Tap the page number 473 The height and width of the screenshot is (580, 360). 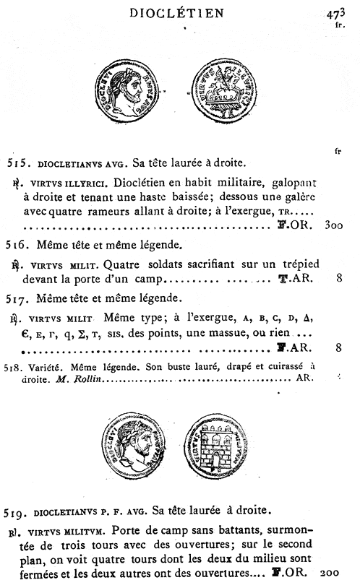pos(338,12)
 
